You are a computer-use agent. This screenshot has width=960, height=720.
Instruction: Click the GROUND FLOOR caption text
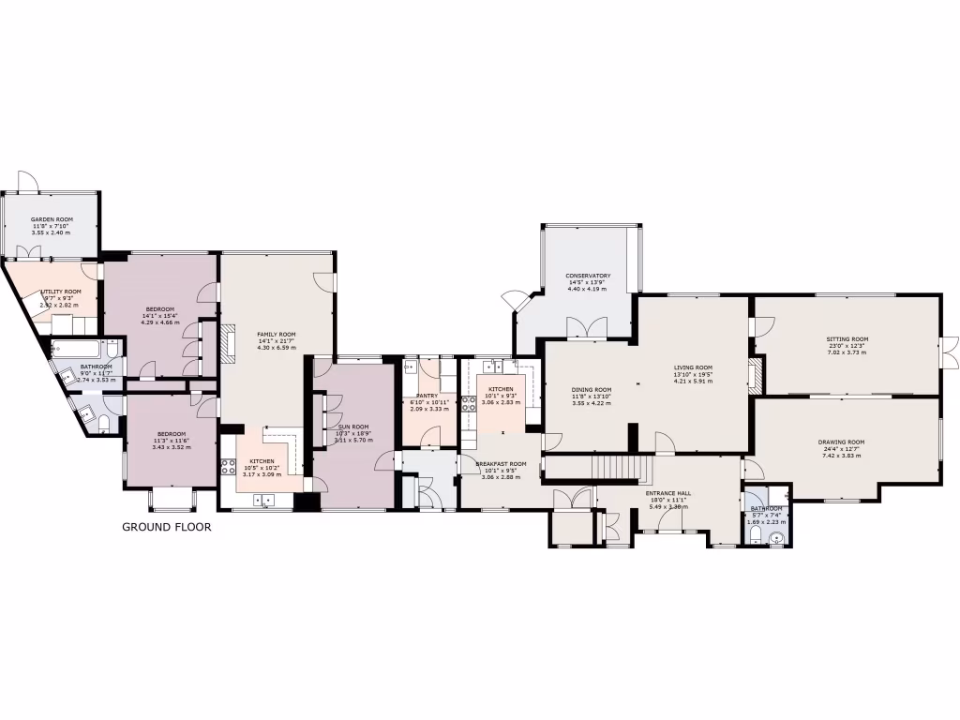pos(167,527)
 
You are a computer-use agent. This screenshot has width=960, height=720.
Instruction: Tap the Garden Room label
pos(52,219)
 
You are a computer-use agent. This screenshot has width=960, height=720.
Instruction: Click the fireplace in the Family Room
pos(227,343)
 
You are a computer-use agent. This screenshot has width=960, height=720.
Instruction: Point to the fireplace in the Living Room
pos(757,374)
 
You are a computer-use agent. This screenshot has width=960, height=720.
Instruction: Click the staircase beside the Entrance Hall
pos(616,465)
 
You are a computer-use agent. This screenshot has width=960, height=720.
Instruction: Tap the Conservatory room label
pos(590,277)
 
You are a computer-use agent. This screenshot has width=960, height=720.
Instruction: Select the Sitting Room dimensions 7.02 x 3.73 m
pos(847,348)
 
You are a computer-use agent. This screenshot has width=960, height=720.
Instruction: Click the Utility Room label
pos(60,292)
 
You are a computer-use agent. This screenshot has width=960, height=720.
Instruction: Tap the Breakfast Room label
pos(502,464)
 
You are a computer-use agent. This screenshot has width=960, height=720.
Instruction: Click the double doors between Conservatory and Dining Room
pos(589,328)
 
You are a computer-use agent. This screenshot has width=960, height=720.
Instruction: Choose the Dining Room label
pos(592,390)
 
